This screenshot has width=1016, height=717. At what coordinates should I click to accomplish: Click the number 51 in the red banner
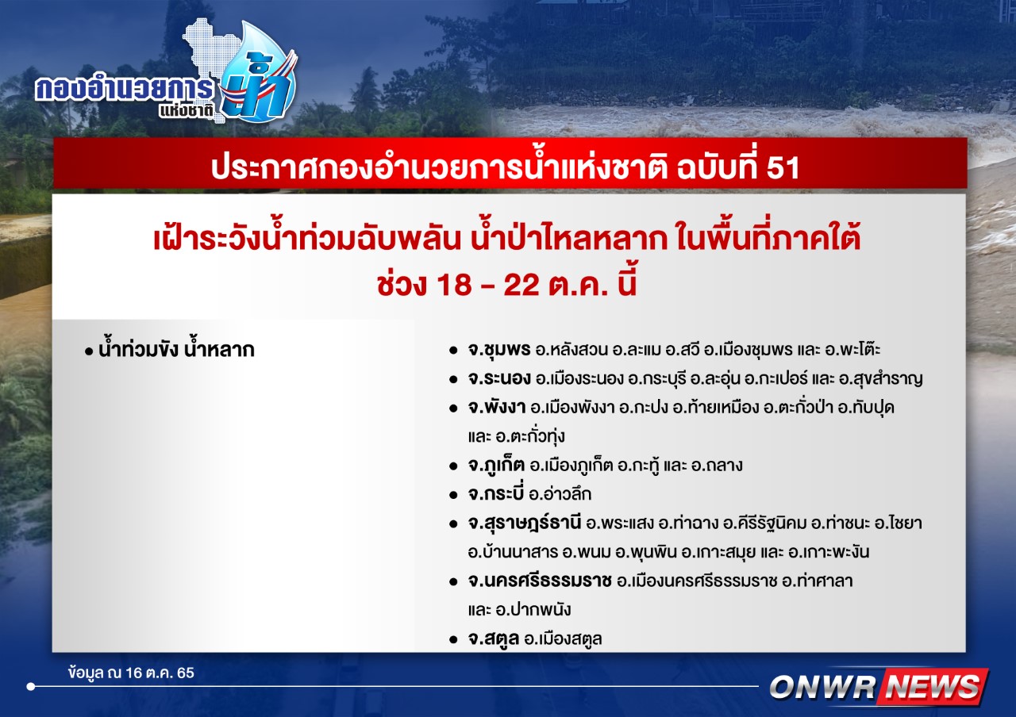(783, 168)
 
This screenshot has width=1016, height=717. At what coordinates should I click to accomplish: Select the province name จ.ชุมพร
(499, 350)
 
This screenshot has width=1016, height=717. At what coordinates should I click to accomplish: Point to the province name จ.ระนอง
(499, 379)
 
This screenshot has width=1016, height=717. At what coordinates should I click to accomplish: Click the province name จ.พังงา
(497, 408)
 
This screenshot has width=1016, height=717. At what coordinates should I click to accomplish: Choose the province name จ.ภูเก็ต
(496, 466)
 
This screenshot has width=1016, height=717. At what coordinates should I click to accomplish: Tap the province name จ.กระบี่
(496, 493)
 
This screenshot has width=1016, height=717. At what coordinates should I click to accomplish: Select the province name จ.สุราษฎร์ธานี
(525, 523)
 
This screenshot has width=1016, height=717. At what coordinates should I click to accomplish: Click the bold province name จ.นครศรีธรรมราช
(540, 581)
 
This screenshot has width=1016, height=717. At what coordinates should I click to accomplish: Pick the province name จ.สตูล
(494, 639)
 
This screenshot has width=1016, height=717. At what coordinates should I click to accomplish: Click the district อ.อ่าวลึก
(560, 493)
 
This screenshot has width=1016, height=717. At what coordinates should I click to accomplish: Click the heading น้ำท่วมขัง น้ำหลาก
(176, 350)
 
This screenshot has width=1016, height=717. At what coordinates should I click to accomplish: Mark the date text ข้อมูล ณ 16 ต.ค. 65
(131, 673)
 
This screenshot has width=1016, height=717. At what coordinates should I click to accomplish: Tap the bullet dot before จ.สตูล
(452, 640)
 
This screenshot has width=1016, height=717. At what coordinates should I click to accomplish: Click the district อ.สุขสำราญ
(880, 379)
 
